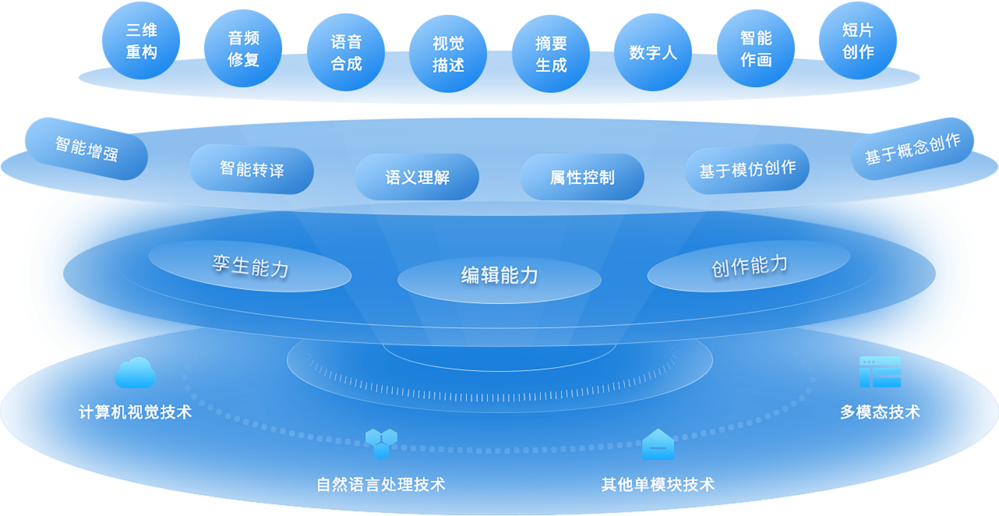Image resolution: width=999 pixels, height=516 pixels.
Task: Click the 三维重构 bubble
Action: pos(141,41)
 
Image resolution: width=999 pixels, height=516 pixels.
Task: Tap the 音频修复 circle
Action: pos(243,48)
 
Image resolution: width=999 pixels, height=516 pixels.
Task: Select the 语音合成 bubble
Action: pos(346,52)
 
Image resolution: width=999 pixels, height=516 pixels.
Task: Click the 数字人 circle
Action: pos(653,52)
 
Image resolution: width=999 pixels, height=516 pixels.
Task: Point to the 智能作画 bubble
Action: pos(756,48)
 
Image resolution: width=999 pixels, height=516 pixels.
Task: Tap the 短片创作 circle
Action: pos(858,41)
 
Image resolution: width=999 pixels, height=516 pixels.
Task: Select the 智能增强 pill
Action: pos(86,149)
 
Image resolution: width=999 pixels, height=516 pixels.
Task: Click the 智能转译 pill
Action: pos(252,168)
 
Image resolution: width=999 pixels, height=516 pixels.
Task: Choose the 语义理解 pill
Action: pos(417,177)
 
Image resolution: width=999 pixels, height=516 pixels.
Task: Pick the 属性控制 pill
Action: pos(582,177)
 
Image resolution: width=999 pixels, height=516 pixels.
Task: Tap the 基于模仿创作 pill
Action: pos(747,168)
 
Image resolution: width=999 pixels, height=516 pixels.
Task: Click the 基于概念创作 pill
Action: pos(913,148)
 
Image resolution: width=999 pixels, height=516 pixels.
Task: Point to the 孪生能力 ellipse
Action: pos(250,266)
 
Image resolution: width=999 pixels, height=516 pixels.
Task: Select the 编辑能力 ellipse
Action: pos(499,275)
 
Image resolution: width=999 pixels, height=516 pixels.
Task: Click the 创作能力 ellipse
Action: pos(749,266)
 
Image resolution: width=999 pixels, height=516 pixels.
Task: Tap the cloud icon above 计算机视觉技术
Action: pos(135,373)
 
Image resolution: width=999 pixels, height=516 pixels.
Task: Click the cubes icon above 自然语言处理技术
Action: pos(381,443)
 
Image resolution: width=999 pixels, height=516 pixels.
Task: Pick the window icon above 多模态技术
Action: pos(880,373)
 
